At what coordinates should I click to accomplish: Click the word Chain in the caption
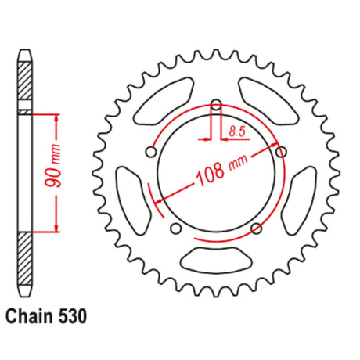29,317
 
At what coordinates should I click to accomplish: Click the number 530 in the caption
72,317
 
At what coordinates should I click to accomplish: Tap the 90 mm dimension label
54,166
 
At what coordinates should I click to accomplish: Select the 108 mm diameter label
222,170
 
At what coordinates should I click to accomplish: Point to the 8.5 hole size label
237,132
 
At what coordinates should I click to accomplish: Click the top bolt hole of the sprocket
216,106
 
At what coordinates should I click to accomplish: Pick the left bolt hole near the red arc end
151,152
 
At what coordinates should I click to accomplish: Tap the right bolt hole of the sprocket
281,152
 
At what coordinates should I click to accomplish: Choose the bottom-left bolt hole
176,229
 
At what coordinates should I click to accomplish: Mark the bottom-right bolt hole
256,229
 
